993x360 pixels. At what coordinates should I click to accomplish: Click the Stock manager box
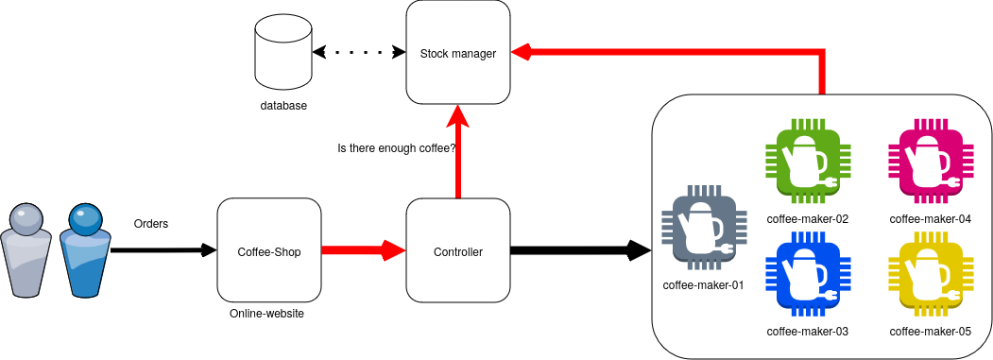tap(458, 52)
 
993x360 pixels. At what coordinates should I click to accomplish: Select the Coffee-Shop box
tap(268, 251)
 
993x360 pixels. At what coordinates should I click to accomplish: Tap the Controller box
tap(458, 251)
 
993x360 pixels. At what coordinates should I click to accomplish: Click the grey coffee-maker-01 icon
tap(704, 228)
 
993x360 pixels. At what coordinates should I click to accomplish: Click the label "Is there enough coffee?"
tap(398, 148)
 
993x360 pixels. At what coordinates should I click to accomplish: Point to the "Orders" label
tap(151, 224)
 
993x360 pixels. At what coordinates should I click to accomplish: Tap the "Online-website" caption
tap(266, 313)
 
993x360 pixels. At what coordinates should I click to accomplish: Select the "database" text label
tap(283, 106)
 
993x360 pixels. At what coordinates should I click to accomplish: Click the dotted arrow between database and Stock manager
tap(359, 52)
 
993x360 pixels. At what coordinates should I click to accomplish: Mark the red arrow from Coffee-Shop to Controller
tap(363, 250)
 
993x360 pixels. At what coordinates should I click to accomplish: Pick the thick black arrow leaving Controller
tap(581, 250)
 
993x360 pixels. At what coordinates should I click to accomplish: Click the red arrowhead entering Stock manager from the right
tap(521, 53)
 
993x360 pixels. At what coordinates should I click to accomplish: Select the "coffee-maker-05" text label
tap(931, 331)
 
